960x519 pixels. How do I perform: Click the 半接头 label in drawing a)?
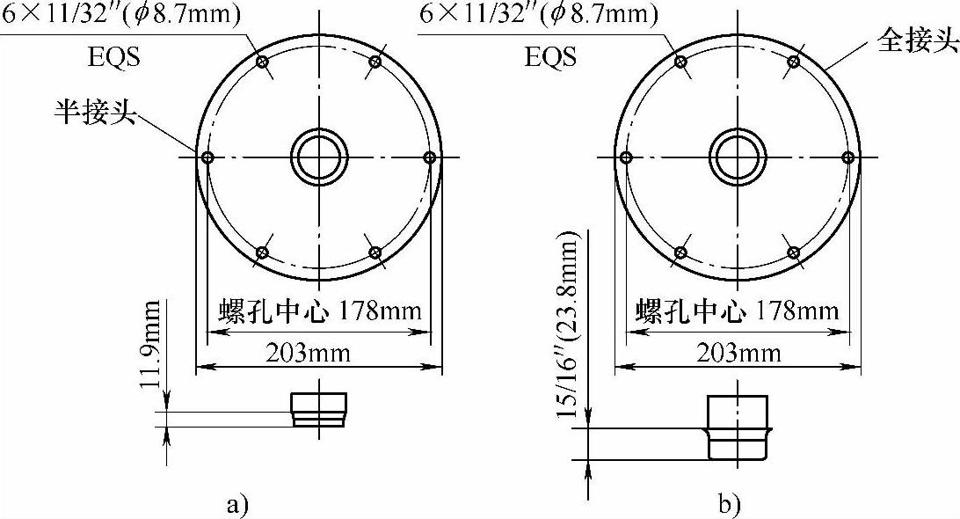(95, 111)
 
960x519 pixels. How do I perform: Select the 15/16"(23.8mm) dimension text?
(567, 325)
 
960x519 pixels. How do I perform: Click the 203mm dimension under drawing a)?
(308, 353)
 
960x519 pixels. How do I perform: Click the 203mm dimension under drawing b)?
(738, 353)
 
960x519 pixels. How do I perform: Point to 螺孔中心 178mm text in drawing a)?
(320, 311)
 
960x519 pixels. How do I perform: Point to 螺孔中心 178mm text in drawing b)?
(737, 311)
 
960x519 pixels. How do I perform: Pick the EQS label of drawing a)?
(114, 57)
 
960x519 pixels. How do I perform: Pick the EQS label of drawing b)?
(550, 57)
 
